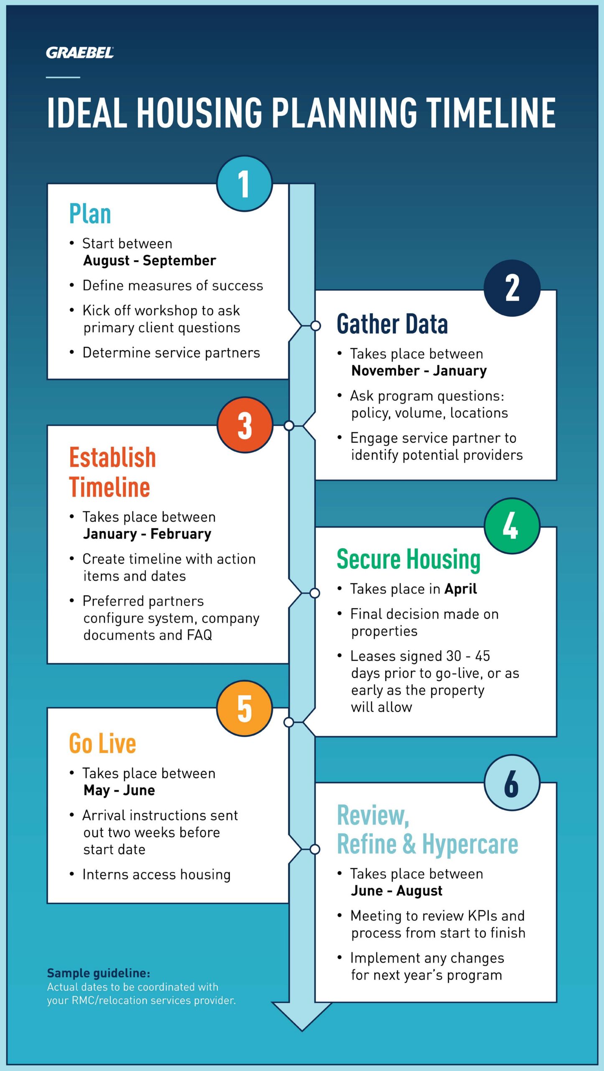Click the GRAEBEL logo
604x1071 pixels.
pos(80,53)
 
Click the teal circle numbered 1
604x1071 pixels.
pos(245,184)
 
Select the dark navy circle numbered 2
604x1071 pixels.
pos(512,288)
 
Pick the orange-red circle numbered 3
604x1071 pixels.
pos(245,425)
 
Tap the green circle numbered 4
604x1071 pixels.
pos(512,526)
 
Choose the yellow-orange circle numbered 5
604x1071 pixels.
pos(245,708)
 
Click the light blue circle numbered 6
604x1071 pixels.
pos(512,783)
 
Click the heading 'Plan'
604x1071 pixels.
pos(90,214)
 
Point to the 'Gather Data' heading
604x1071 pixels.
pos(392,324)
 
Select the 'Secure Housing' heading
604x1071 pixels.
pos(408,559)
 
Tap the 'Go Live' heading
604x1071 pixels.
pos(102,743)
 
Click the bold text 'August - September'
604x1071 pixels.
pos(150,261)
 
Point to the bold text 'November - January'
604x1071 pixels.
pos(419,371)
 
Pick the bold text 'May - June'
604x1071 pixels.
pos(119,790)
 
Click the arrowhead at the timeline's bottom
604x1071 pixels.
pos(302,1016)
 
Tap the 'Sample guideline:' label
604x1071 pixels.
pos(98,973)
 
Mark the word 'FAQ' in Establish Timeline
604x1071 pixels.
pos(199,635)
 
